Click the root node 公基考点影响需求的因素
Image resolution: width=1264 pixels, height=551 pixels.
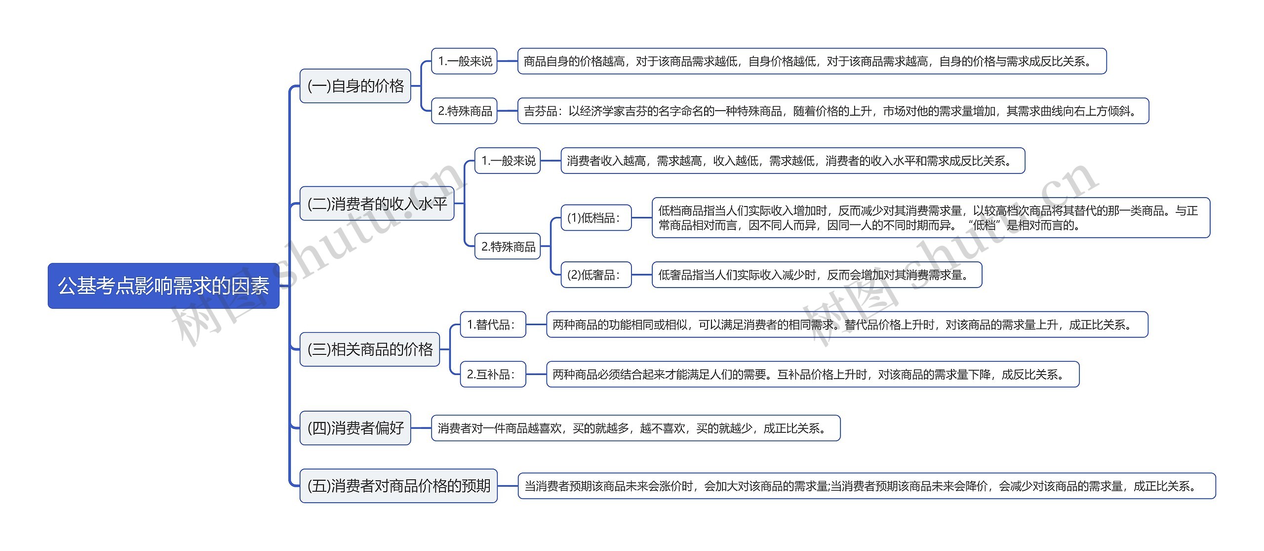pyautogui.click(x=163, y=286)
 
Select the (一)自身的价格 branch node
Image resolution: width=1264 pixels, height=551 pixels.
pyautogui.click(x=355, y=86)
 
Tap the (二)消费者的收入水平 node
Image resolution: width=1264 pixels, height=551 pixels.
pyautogui.click(x=377, y=203)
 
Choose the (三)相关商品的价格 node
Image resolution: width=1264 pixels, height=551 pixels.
pyautogui.click(x=369, y=349)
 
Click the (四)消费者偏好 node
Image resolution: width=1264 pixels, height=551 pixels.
pyautogui.click(x=355, y=428)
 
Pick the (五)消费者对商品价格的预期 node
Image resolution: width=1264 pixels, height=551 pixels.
pyautogui.click(x=398, y=486)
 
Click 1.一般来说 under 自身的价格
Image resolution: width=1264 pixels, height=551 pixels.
pyautogui.click(x=464, y=61)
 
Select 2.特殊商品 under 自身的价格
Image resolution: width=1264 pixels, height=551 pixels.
pyautogui.click(x=464, y=111)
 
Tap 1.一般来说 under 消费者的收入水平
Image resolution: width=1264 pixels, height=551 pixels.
pyautogui.click(x=508, y=161)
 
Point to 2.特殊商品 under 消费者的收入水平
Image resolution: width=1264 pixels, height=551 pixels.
pyautogui.click(x=508, y=246)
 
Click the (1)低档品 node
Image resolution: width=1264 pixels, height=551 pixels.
pyautogui.click(x=596, y=217)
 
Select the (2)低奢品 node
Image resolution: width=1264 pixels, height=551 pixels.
pyautogui.click(x=596, y=275)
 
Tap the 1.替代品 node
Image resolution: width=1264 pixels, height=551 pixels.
pyautogui.click(x=493, y=325)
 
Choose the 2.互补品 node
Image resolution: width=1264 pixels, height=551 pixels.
pyautogui.click(x=493, y=374)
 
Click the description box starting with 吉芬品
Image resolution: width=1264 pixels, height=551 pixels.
pyautogui.click(x=833, y=111)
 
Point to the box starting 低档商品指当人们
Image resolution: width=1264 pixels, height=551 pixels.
pyautogui.click(x=931, y=217)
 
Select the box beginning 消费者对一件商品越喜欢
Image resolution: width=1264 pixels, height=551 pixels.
pyautogui.click(x=635, y=428)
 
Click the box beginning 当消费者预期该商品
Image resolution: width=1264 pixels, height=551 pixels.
pyautogui.click(x=867, y=486)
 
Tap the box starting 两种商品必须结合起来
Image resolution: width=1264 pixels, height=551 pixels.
pyautogui.click(x=812, y=374)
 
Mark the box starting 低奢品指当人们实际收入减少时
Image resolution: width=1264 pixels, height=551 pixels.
pyautogui.click(x=817, y=275)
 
